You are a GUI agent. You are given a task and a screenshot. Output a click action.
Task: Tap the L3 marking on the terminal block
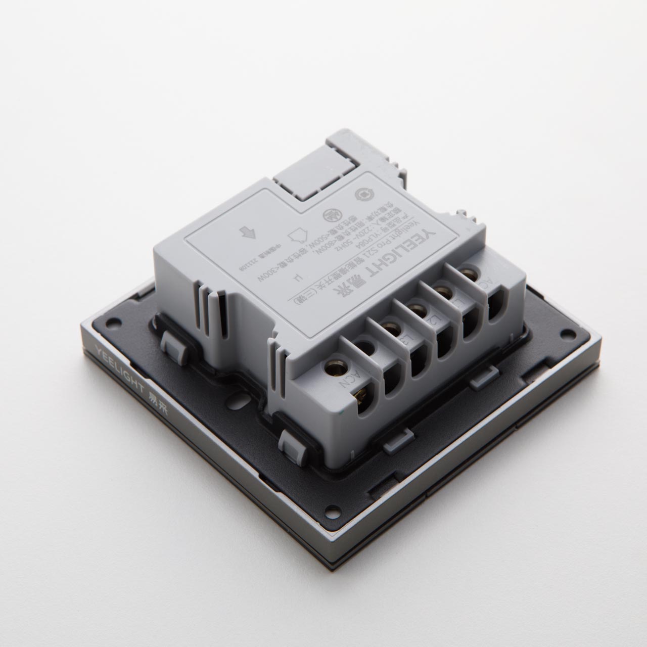[x=403, y=342]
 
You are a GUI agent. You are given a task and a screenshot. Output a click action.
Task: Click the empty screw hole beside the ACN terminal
[x=367, y=349]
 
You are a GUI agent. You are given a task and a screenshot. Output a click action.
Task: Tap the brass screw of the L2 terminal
[x=416, y=309]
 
